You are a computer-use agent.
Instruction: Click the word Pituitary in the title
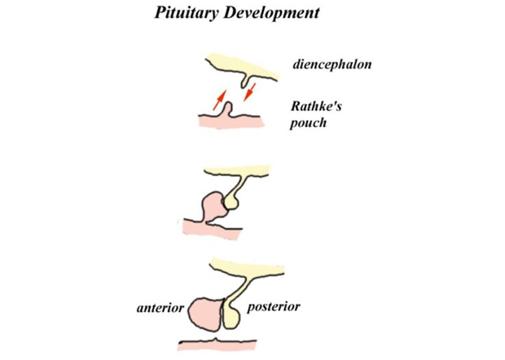click(187, 13)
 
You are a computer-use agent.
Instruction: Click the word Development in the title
click(271, 13)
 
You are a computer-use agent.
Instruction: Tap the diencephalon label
click(332, 64)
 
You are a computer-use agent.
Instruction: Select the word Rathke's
click(316, 106)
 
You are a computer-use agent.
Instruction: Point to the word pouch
click(308, 123)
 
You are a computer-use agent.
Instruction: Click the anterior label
click(160, 308)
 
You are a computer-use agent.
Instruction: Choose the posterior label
click(274, 307)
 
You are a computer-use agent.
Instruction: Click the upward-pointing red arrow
click(220, 100)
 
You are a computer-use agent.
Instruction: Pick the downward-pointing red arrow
click(249, 92)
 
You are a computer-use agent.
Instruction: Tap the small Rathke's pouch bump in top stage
click(228, 109)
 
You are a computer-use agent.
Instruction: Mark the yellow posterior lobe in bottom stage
click(231, 317)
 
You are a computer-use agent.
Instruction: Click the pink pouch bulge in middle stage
click(213, 205)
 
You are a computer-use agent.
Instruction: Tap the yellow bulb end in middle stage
click(231, 202)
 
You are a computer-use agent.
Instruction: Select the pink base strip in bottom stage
click(217, 345)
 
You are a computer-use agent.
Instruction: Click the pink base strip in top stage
click(231, 121)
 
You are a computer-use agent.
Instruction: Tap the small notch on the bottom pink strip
click(216, 340)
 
